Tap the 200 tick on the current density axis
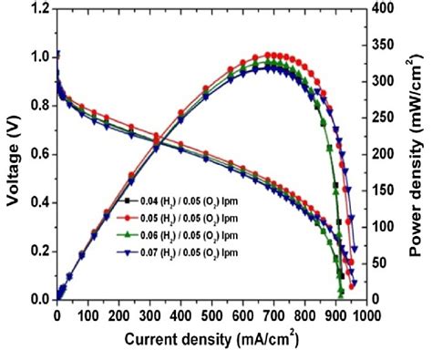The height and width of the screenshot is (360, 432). (118, 315)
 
